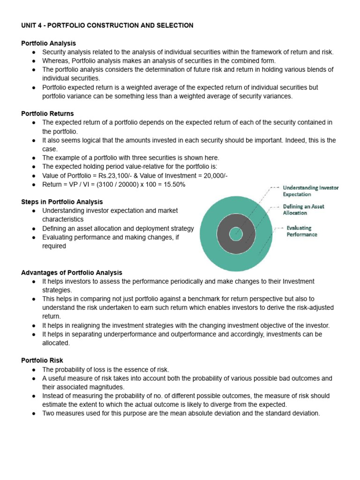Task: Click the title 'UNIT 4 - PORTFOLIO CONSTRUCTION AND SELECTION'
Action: (107, 25)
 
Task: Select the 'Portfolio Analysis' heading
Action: (48, 43)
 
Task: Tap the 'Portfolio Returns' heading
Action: (47, 113)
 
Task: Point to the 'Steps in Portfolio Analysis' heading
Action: (62, 202)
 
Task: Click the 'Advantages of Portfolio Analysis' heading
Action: (71, 272)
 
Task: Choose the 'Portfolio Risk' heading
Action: (42, 360)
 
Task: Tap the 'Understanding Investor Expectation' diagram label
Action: (310, 191)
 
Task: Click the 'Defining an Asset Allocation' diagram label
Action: (303, 210)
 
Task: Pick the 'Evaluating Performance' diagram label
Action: (302, 231)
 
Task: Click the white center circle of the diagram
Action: (235, 233)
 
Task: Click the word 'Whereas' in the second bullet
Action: (56, 60)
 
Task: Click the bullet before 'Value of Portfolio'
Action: (34, 175)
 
